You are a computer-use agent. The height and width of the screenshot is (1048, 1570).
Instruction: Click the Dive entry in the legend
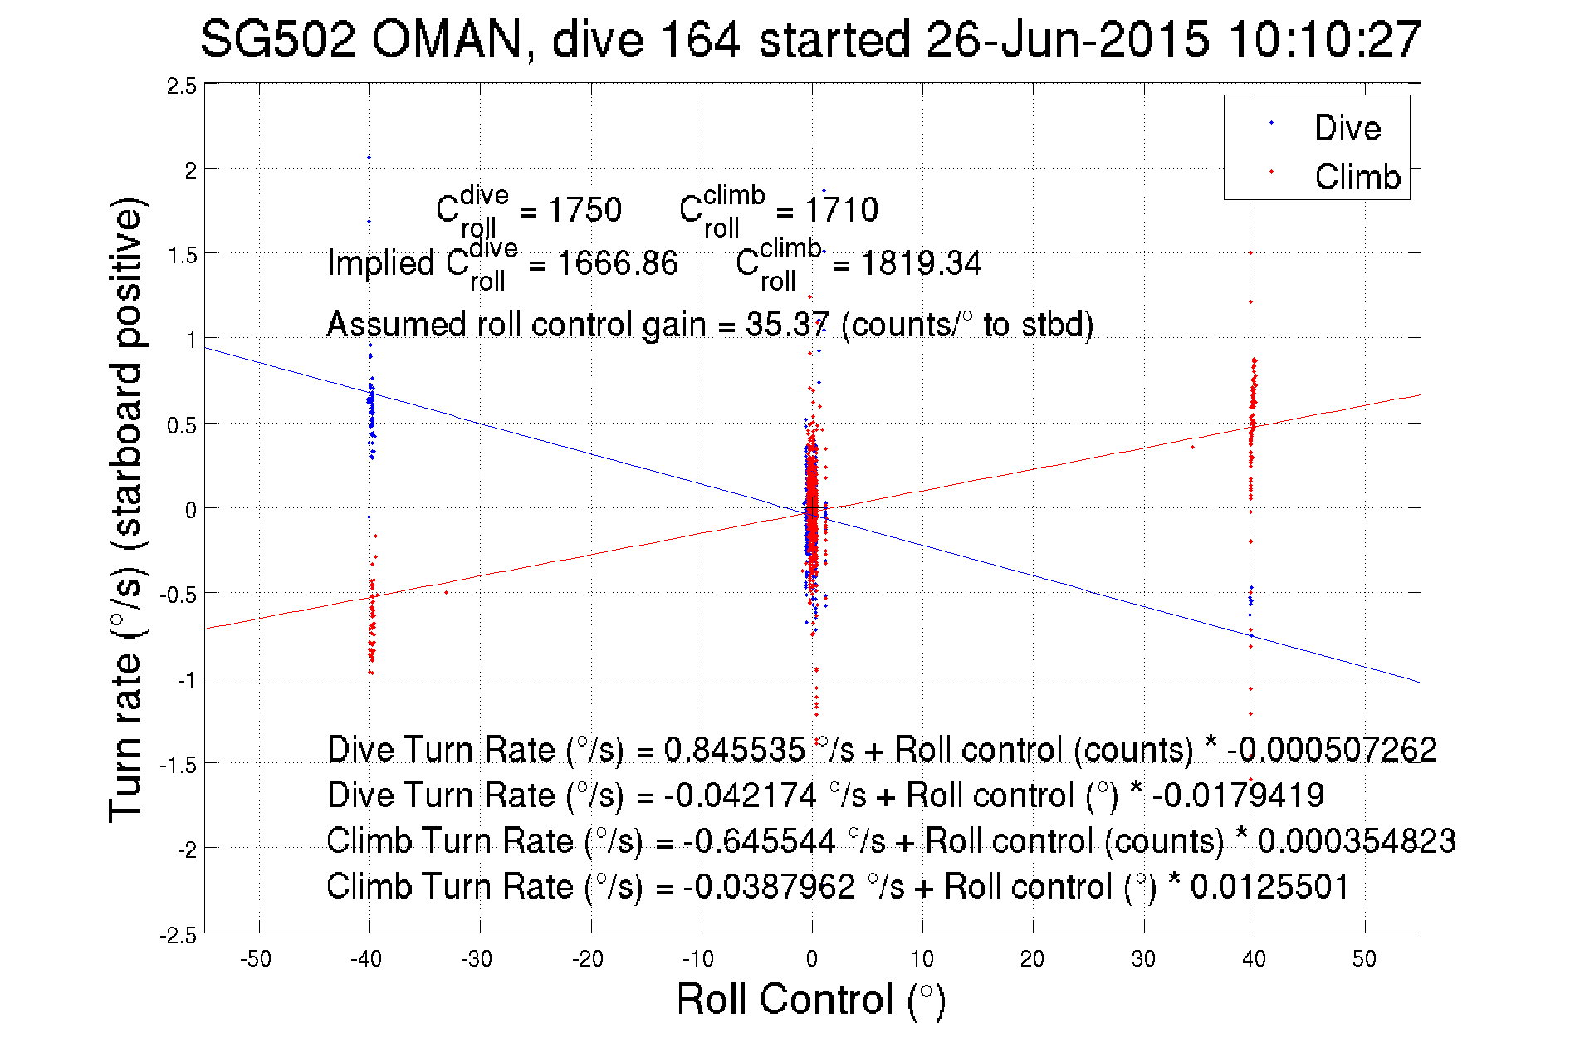coord(1347,128)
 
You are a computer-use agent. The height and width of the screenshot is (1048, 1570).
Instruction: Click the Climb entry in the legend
coord(1357,177)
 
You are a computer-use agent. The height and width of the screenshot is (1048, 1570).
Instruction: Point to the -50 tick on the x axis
coord(256,959)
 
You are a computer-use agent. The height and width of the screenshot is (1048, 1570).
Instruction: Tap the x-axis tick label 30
coord(1143,959)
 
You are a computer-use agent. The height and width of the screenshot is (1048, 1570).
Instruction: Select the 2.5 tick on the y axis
coord(182,86)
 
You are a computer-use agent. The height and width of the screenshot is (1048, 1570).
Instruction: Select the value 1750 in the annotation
coord(584,210)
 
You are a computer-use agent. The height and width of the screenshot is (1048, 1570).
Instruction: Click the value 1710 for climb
coord(841,210)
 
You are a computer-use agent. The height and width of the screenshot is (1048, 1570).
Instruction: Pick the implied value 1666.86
coord(617,264)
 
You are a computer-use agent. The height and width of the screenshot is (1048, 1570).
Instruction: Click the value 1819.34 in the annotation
coord(921,264)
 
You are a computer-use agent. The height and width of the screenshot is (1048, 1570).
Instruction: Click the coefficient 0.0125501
coord(1269,887)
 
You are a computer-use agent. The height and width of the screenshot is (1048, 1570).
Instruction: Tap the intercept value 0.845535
coord(734,750)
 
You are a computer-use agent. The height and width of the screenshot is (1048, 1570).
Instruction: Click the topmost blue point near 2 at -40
coord(369,157)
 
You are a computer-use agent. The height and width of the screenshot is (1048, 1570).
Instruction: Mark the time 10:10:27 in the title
coord(1325,39)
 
